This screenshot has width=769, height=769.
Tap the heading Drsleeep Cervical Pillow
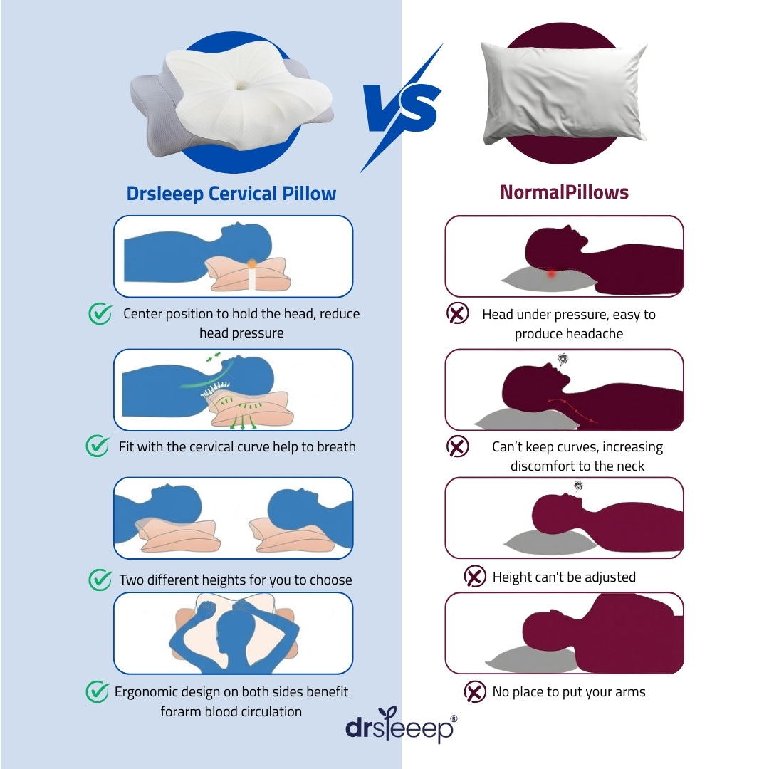pyautogui.click(x=231, y=194)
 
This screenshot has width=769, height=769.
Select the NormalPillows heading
pyautogui.click(x=564, y=192)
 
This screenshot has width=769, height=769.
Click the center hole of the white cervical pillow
pyautogui.click(x=241, y=86)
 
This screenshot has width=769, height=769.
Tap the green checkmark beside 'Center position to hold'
pyautogui.click(x=100, y=313)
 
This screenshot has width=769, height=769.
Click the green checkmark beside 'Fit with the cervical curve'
pyautogui.click(x=98, y=446)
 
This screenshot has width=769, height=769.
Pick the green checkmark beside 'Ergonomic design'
pyautogui.click(x=98, y=691)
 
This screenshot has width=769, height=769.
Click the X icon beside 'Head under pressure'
pyautogui.click(x=458, y=313)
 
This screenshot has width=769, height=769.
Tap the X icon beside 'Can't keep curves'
pyautogui.click(x=458, y=446)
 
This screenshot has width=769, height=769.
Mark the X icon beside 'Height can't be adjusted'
pyautogui.click(x=475, y=576)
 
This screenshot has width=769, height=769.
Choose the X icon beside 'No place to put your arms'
pyautogui.click(x=475, y=691)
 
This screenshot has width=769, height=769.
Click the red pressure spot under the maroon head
pyautogui.click(x=551, y=273)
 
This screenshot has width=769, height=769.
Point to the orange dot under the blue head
pyautogui.click(x=251, y=264)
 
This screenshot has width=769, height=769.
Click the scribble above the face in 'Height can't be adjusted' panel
pyautogui.click(x=579, y=486)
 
